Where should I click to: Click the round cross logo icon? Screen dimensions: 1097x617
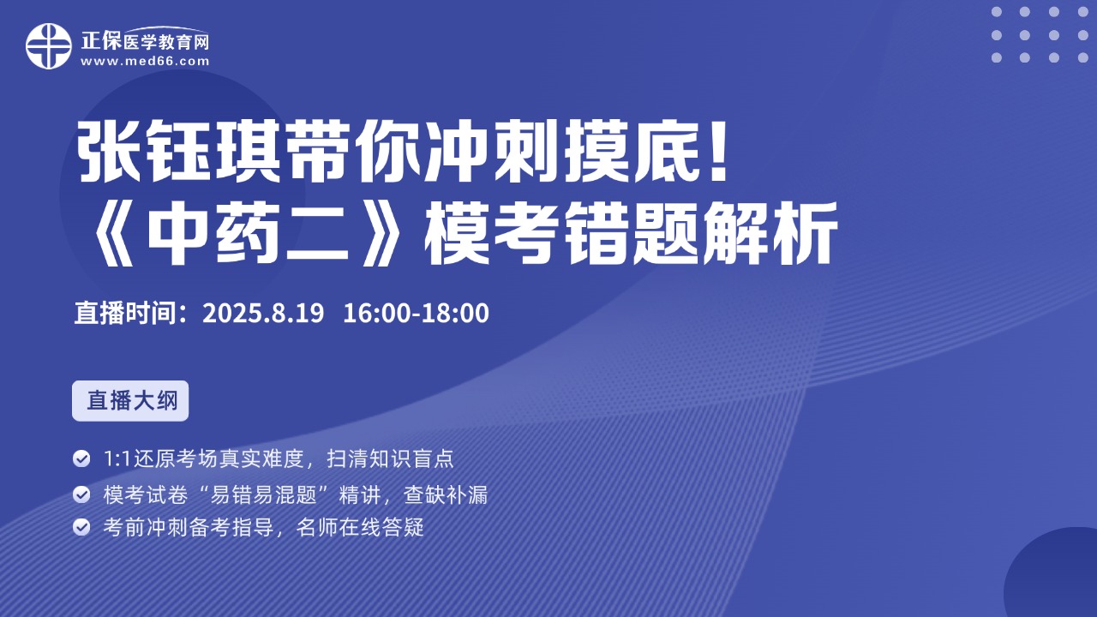49,46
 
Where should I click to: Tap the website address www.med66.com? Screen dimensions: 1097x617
145,61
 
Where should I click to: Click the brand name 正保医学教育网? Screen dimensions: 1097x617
145,40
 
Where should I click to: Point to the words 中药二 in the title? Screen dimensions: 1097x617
249,234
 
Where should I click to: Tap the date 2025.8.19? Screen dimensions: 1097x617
263,313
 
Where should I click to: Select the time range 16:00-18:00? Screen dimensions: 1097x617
417,313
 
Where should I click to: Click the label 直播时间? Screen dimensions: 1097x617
125,313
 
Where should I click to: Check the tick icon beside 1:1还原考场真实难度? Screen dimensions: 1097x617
81,458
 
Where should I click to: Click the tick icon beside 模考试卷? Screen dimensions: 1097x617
81,494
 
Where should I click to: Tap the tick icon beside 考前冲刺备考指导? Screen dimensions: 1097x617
81,527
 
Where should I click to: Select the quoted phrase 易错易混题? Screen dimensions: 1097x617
269,494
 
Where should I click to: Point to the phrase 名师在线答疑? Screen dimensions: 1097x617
360,527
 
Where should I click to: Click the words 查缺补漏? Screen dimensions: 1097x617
446,494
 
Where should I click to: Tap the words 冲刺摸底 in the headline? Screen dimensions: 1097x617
564,152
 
